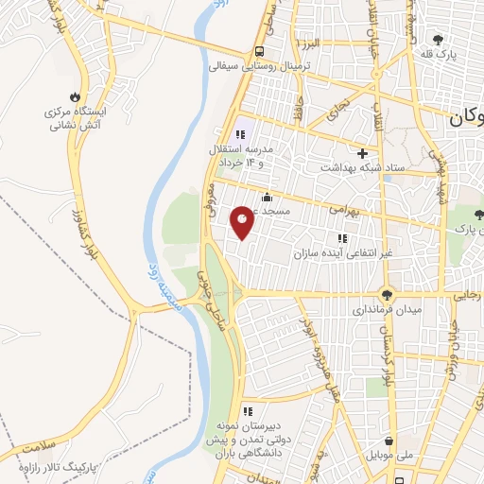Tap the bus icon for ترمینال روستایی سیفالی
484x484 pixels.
pyautogui.click(x=259, y=52)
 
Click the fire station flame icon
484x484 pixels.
pyautogui.click(x=75, y=96)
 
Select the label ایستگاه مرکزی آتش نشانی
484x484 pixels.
pyautogui.click(x=75, y=117)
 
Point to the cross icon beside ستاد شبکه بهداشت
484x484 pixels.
pyautogui.click(x=361, y=152)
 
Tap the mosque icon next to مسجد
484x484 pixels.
pyautogui.click(x=268, y=198)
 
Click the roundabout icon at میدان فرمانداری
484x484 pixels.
pyautogui.click(x=387, y=294)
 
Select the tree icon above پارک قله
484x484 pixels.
pyautogui.click(x=438, y=39)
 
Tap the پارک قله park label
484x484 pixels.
pyautogui.click(x=440, y=56)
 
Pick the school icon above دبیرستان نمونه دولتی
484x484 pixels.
pyautogui.click(x=248, y=411)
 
